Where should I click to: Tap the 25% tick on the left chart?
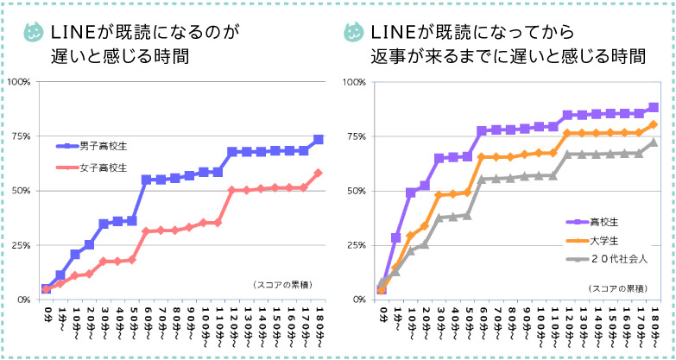pyautogui.click(x=21, y=245)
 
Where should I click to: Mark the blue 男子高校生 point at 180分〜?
pyautogui.click(x=319, y=139)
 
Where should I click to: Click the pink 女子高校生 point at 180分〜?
pyautogui.click(x=319, y=173)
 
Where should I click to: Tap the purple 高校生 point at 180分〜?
pyautogui.click(x=654, y=108)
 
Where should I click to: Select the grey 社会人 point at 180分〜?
pyautogui.click(x=654, y=142)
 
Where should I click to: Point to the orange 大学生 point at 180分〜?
pyautogui.click(x=654, y=124)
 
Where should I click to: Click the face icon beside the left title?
pyautogui.click(x=34, y=33)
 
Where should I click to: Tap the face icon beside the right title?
pyautogui.click(x=352, y=32)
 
